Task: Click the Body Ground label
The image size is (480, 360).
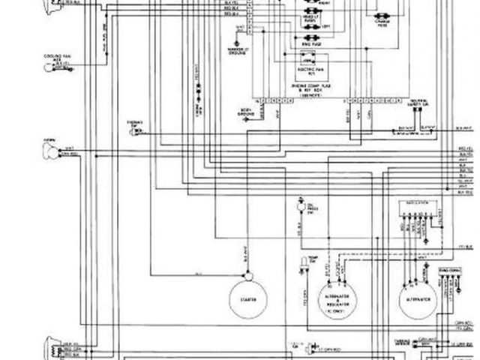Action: pos(246,112)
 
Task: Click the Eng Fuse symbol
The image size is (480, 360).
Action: pos(308,45)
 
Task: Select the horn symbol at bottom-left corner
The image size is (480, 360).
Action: pos(52,348)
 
